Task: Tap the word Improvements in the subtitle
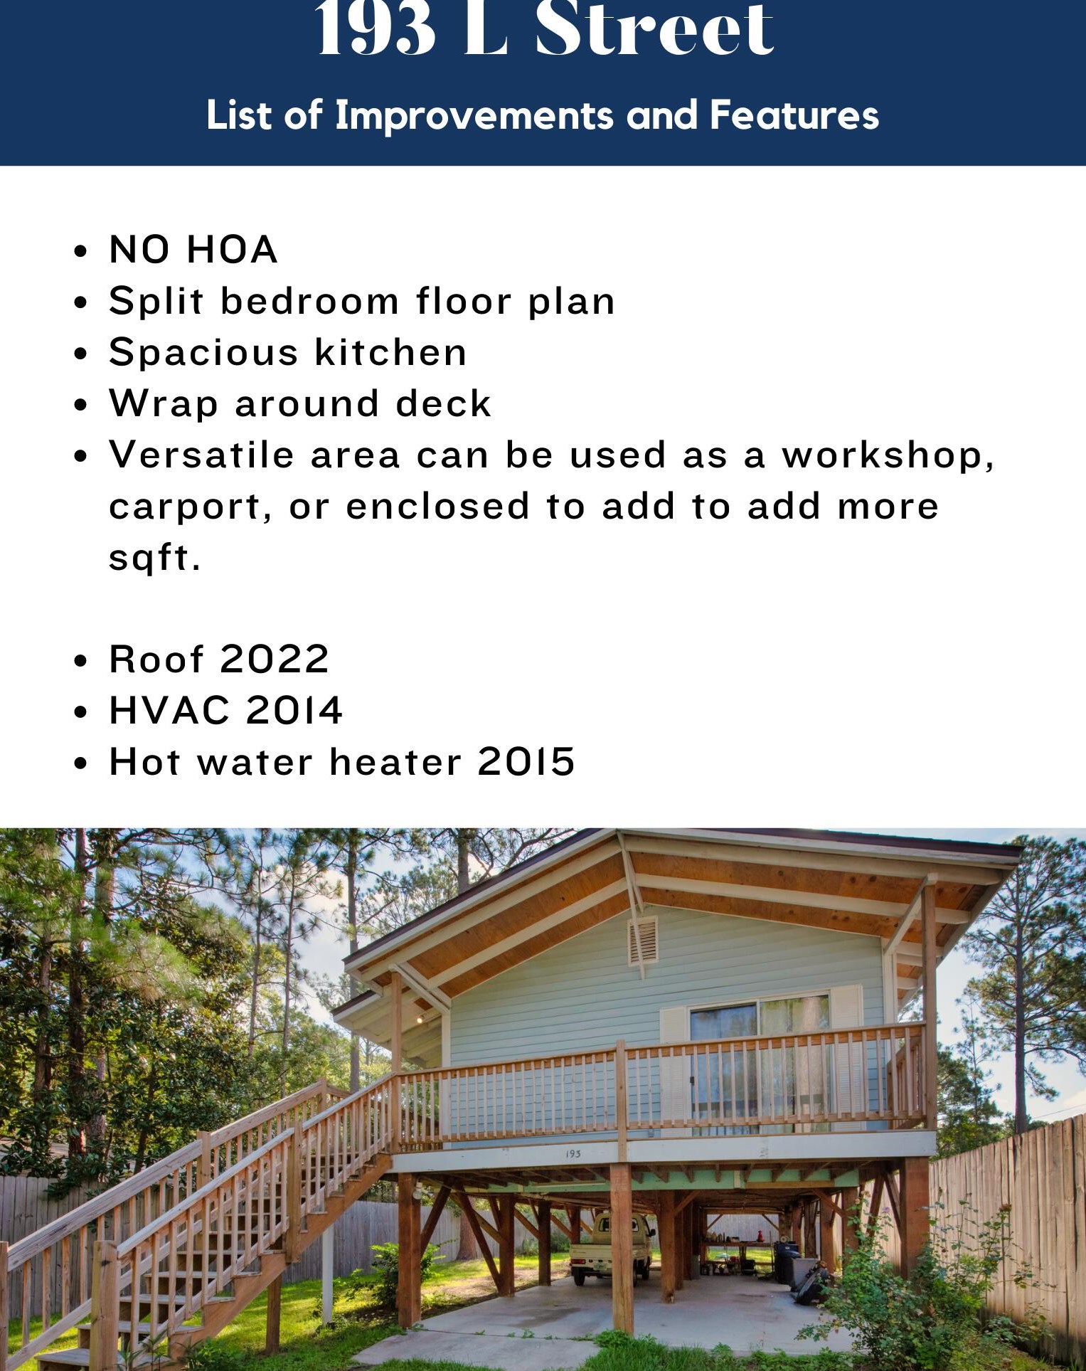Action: coord(474,116)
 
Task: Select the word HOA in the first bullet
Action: coord(232,250)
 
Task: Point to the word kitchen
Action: coord(390,352)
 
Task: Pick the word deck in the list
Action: coord(443,403)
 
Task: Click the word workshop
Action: coord(888,455)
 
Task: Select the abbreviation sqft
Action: coord(155,559)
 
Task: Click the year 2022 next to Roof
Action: coord(274,659)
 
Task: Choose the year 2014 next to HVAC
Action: coord(294,710)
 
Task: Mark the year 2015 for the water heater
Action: coord(526,761)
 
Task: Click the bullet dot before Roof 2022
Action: coord(81,660)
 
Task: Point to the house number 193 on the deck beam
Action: coord(573,1153)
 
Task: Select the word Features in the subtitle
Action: coord(794,116)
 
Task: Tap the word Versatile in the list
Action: coord(201,455)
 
